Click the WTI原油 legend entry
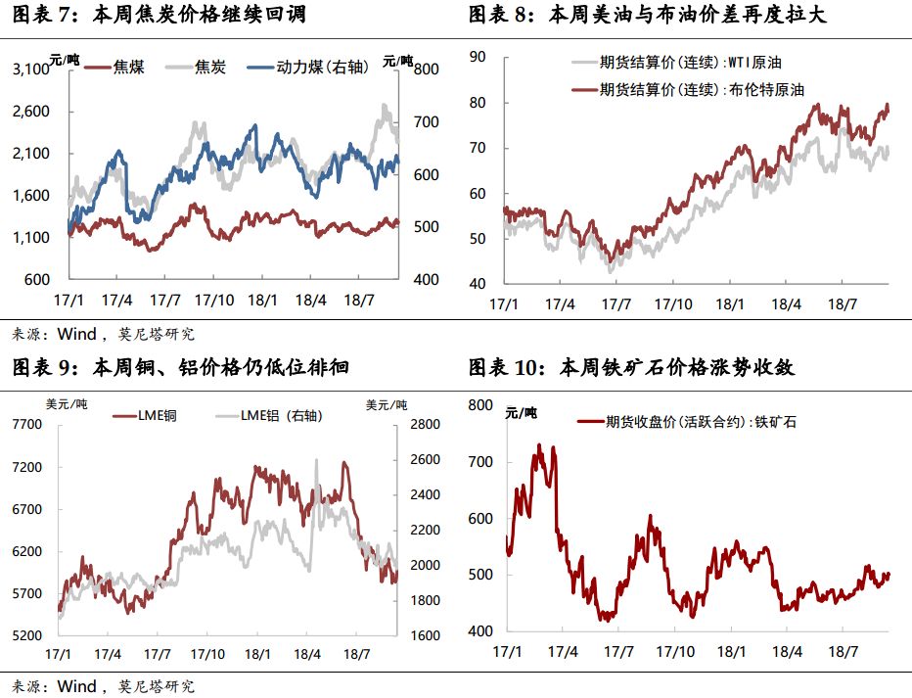[x=689, y=63]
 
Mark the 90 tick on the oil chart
[x=478, y=57]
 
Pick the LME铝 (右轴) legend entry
[x=281, y=416]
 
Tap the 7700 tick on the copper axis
[x=26, y=425]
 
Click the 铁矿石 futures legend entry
[x=697, y=422]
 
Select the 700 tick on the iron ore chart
[x=481, y=461]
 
